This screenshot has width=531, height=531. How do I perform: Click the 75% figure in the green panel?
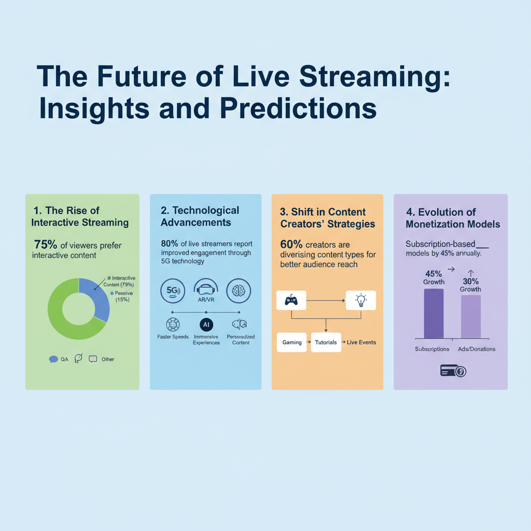click(x=46, y=245)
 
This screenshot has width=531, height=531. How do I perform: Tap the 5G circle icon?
click(x=173, y=291)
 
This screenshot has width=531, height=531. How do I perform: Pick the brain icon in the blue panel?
click(x=239, y=291)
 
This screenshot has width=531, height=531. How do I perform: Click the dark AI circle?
click(x=206, y=325)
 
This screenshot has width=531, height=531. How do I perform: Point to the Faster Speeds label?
click(x=173, y=337)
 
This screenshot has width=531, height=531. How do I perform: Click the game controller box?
click(x=291, y=300)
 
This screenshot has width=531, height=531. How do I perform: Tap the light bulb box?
click(x=360, y=300)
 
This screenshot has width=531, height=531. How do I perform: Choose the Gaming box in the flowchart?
click(x=292, y=342)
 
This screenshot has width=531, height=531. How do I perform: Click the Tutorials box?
click(x=326, y=342)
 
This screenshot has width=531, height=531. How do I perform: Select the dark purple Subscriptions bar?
click(x=434, y=314)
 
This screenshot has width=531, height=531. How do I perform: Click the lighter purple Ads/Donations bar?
click(x=470, y=317)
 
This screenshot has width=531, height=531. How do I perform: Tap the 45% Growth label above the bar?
click(x=434, y=277)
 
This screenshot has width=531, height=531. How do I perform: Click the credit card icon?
click(x=452, y=370)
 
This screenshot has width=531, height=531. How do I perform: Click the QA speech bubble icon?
click(x=53, y=359)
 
